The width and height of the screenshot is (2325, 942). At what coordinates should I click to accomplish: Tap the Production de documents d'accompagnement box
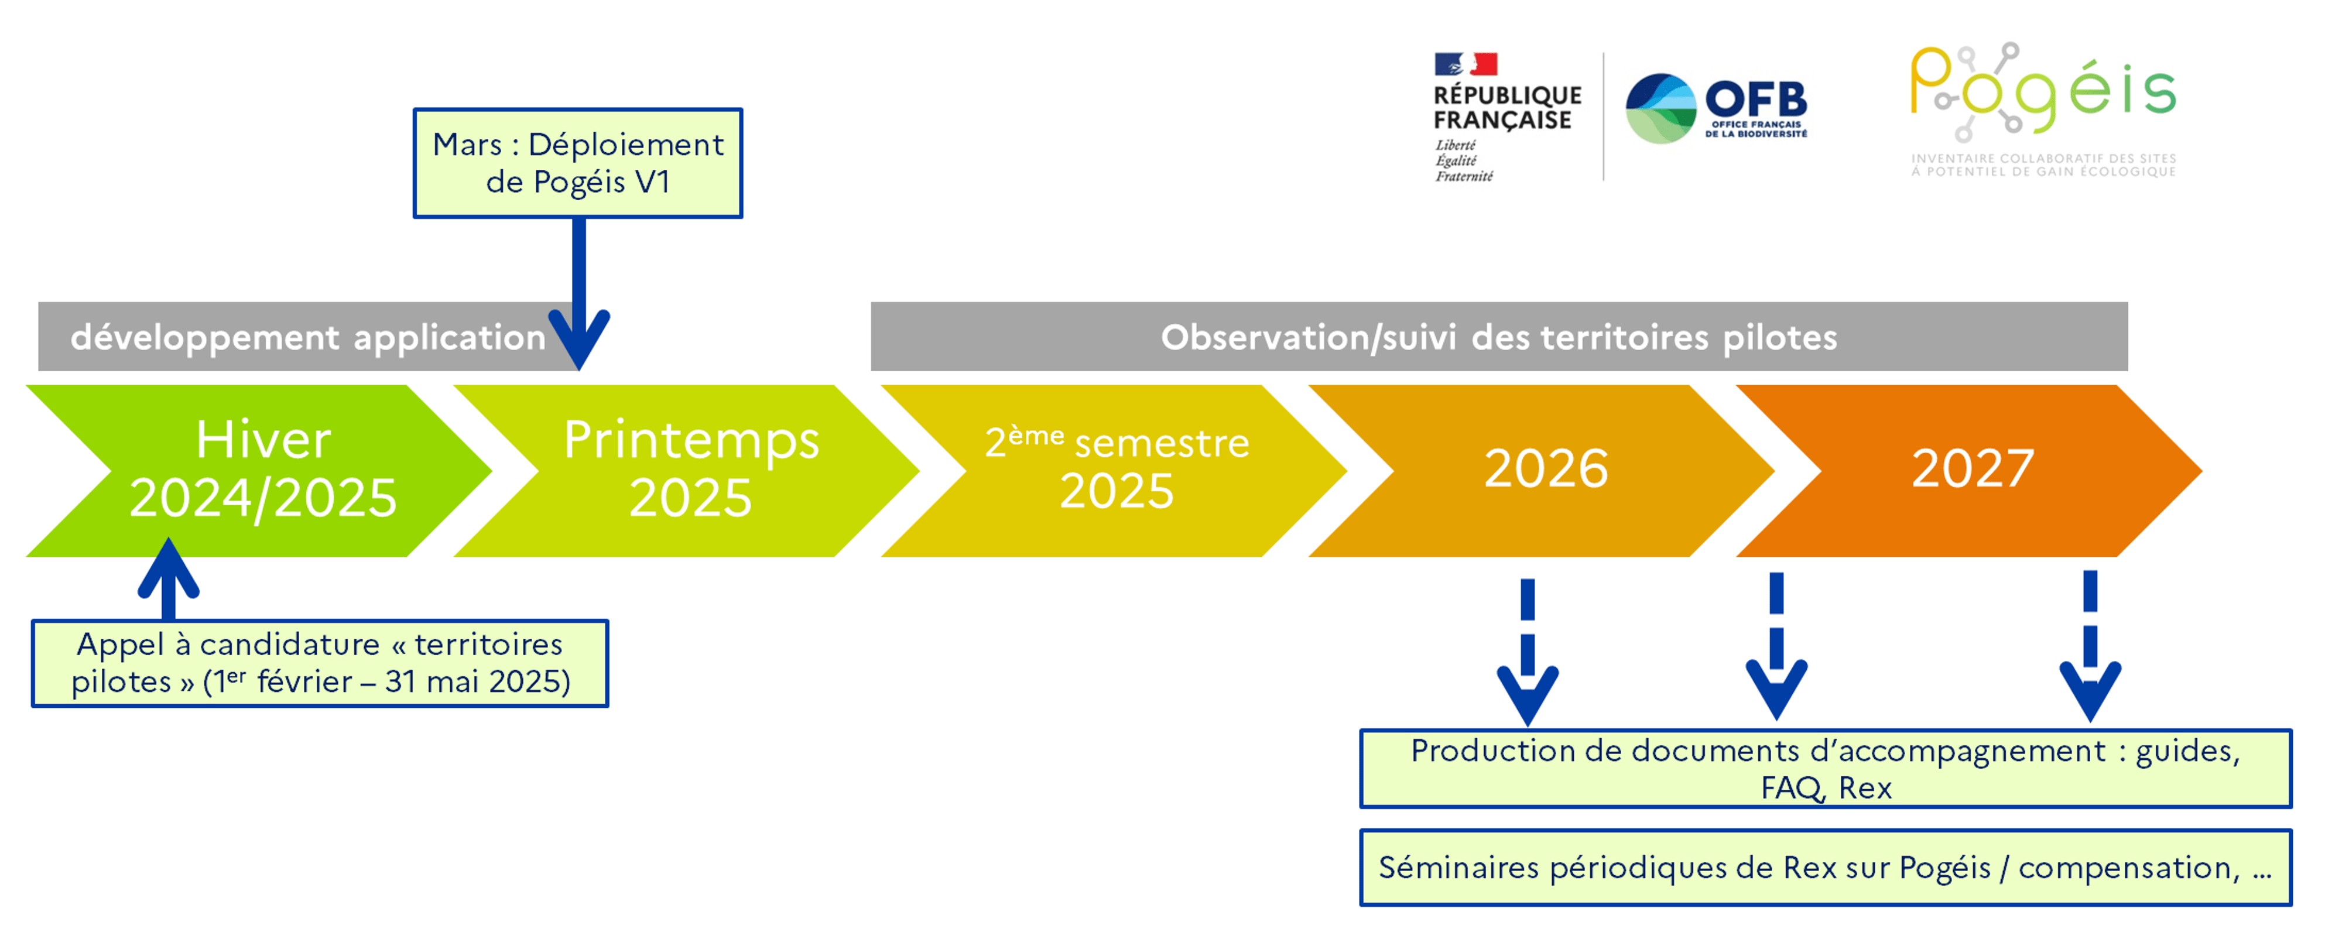point(1825,769)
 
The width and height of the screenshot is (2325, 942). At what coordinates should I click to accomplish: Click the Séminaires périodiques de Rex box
point(1825,867)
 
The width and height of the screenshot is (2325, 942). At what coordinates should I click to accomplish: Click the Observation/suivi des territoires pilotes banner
point(1498,337)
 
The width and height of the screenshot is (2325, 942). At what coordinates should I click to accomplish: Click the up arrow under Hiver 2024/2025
point(168,579)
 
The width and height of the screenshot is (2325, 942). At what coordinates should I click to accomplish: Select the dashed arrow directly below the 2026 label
point(1527,652)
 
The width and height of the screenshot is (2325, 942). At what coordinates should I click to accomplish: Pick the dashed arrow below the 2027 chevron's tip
point(2090,646)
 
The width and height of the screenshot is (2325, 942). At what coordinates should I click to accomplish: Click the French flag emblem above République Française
point(1465,64)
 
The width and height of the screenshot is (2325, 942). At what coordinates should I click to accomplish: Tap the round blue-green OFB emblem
point(1660,108)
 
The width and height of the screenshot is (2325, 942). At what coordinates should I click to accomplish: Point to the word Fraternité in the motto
point(1464,176)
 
